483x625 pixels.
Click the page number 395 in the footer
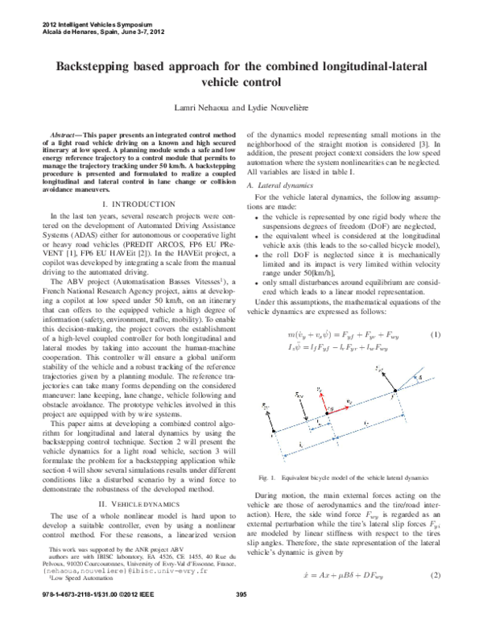point(240,617)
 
